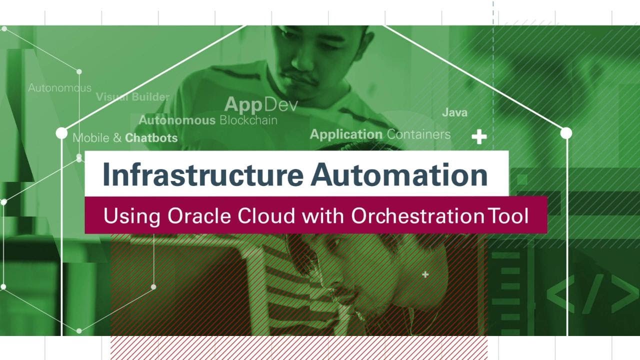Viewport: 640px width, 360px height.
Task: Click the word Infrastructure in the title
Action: pyautogui.click(x=202, y=174)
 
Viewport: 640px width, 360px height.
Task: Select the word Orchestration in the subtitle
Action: pyautogui.click(x=417, y=215)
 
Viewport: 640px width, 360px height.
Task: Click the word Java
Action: pyautogui.click(x=454, y=112)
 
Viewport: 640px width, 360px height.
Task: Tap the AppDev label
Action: pyautogui.click(x=260, y=104)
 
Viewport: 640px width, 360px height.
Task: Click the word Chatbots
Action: pyautogui.click(x=151, y=137)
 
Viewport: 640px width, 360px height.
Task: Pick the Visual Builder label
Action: pyautogui.click(x=132, y=97)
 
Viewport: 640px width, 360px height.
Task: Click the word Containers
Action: pyautogui.click(x=418, y=134)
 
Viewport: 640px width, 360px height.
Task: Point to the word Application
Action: pyautogui.click(x=346, y=134)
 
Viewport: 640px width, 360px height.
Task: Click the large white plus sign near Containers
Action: pyautogui.click(x=479, y=136)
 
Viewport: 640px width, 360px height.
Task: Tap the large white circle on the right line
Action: pyautogui.click(x=566, y=133)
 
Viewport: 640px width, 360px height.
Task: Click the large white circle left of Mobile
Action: pyautogui.click(x=61, y=133)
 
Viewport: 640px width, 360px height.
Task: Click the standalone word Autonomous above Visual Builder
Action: pyautogui.click(x=59, y=88)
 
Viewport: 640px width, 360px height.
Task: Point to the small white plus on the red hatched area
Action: pyautogui.click(x=425, y=274)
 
